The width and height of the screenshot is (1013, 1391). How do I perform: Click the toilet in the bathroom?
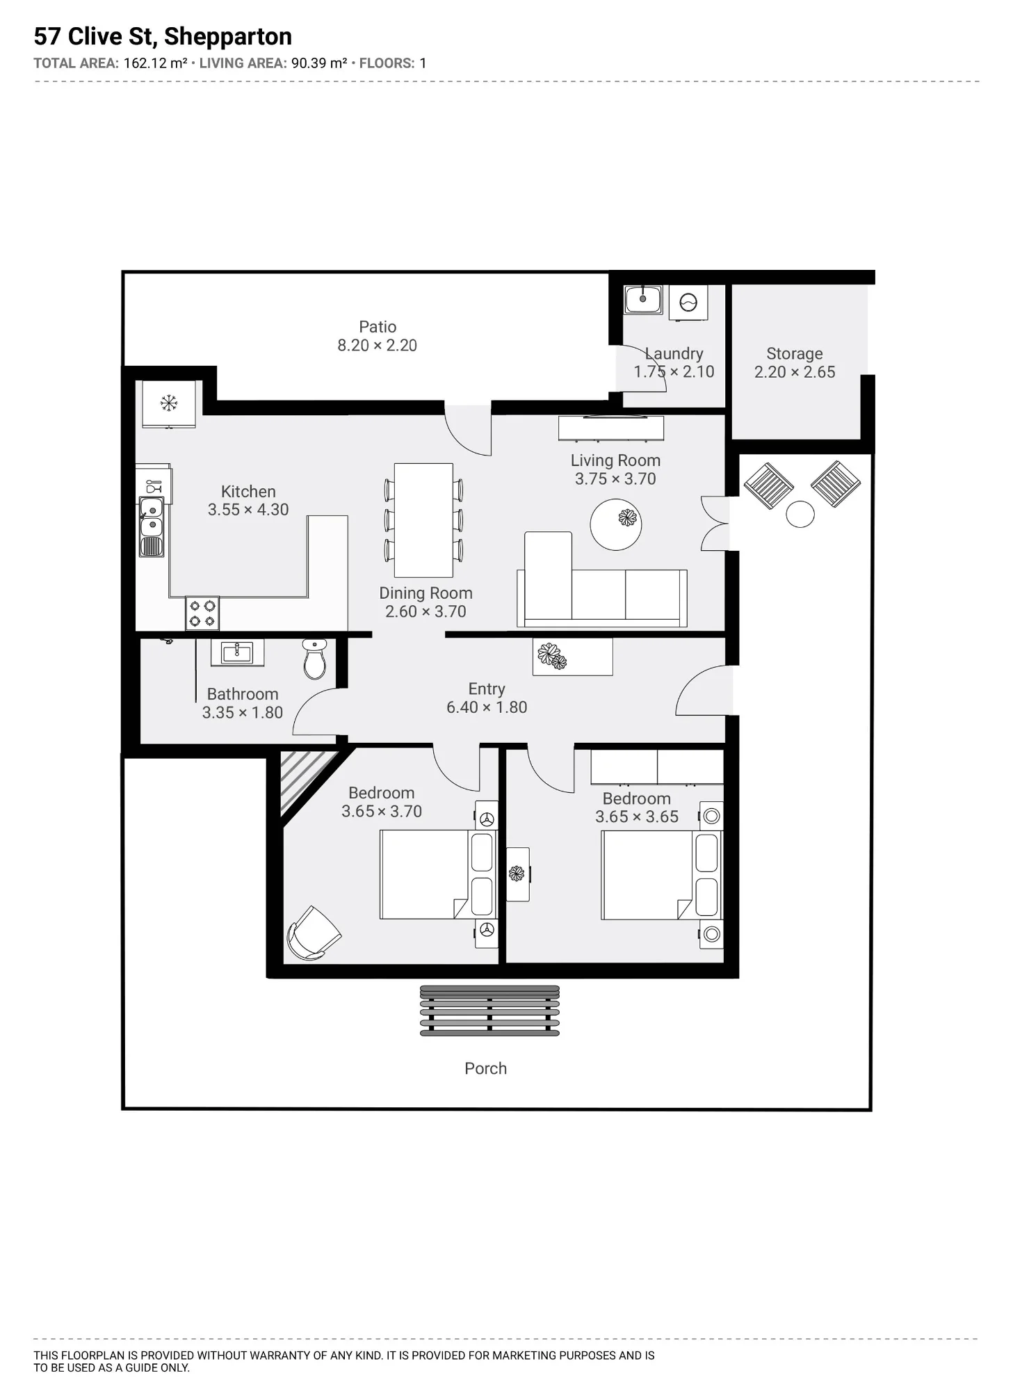(314, 659)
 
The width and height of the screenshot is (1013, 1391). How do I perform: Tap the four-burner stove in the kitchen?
(202, 613)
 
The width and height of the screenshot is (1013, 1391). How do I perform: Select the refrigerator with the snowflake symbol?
(169, 403)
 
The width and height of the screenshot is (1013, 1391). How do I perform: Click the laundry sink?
(642, 299)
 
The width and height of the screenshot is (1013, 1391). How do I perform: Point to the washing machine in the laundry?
(688, 303)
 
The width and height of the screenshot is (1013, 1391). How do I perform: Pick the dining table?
(423, 520)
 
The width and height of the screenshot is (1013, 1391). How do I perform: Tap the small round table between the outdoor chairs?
(800, 515)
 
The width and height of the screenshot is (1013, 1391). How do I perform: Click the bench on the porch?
(489, 1011)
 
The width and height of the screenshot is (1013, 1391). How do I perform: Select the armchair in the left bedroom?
(313, 933)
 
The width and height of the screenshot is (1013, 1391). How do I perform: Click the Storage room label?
(794, 354)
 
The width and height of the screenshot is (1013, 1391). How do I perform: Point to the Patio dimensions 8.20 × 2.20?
(377, 346)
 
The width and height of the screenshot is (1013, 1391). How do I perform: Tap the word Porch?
(485, 1068)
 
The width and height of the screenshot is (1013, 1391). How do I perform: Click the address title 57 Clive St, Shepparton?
(163, 36)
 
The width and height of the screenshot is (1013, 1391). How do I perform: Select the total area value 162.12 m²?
(155, 63)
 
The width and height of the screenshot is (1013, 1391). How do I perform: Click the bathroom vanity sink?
(237, 652)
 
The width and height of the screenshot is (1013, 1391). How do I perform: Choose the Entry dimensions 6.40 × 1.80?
(487, 707)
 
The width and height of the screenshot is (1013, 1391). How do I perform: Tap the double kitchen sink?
(152, 526)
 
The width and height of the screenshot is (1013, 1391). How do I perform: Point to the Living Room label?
(615, 460)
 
